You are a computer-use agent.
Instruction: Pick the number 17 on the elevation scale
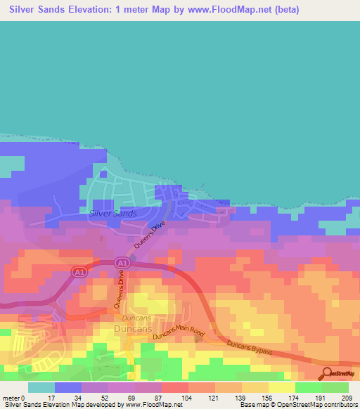[x=49, y=397]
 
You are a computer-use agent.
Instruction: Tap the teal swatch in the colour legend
[x=41, y=387]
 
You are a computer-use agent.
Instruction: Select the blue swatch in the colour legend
[x=68, y=387]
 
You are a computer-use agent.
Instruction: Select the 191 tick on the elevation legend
[x=323, y=397]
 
